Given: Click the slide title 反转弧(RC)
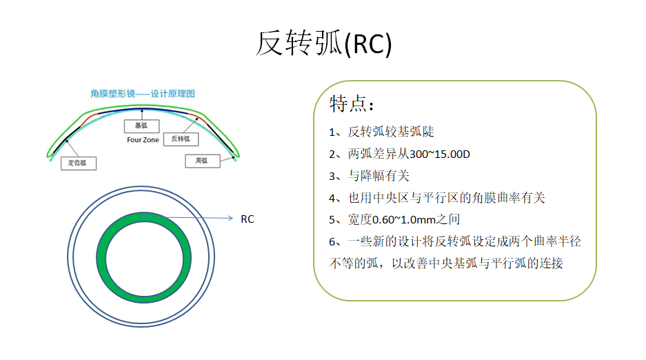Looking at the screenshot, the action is click(x=323, y=43).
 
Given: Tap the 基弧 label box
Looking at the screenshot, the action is click(x=142, y=126).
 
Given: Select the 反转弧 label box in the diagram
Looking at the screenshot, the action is click(x=181, y=139).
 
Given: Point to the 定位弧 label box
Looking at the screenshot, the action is click(x=79, y=163).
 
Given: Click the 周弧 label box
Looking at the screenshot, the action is click(x=202, y=161).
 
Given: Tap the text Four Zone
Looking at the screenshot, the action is click(x=143, y=140).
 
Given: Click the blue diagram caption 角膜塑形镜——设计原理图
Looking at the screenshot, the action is click(x=143, y=94).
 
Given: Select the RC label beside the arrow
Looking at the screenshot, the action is click(x=248, y=219).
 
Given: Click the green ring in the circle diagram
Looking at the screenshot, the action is click(x=101, y=257).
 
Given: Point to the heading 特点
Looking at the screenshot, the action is click(x=352, y=103).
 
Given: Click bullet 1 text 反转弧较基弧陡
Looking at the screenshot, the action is click(x=391, y=132).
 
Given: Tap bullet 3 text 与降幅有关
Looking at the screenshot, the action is click(x=378, y=176).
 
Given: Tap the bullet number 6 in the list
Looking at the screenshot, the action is click(x=332, y=242).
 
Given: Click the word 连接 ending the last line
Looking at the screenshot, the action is click(x=551, y=263).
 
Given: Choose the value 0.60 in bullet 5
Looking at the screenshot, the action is click(x=383, y=220).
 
